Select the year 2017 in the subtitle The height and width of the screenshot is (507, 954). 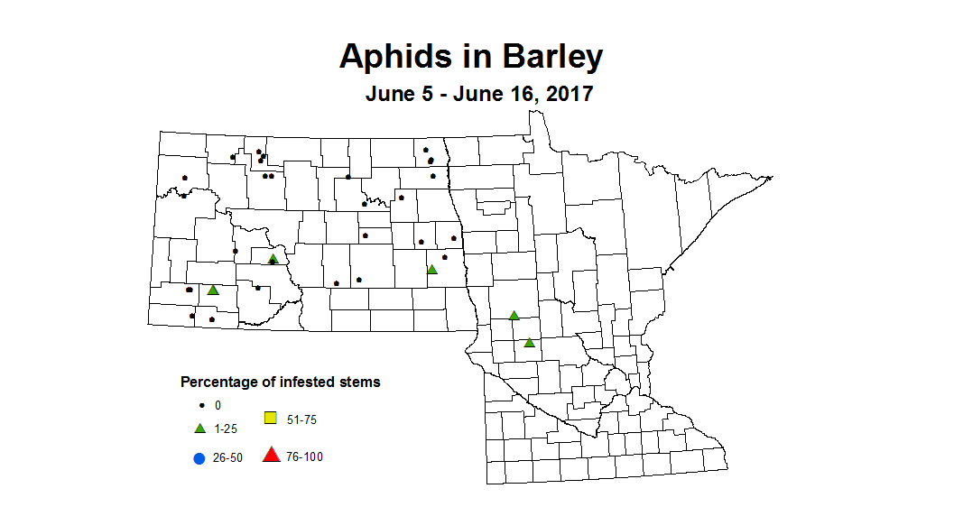tap(564, 94)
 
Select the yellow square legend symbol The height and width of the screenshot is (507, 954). tap(270, 417)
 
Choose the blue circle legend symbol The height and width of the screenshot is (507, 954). tap(199, 457)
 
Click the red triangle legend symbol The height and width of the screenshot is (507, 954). tap(270, 456)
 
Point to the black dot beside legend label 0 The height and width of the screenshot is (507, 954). tap(200, 406)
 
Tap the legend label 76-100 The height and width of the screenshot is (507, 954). tap(305, 457)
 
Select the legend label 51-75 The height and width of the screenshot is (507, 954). tap(302, 419)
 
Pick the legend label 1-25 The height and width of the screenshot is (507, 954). tap(226, 429)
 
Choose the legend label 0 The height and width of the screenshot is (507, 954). tap(218, 406)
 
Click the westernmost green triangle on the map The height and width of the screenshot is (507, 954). tap(213, 290)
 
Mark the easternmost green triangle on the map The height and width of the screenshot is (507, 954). tap(529, 342)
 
